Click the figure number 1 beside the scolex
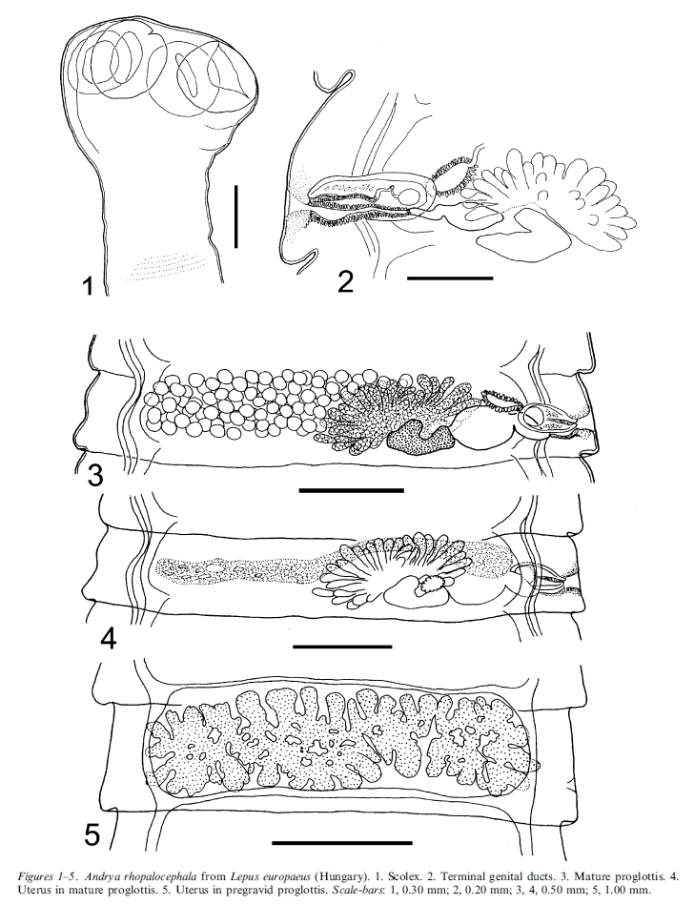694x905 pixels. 88,285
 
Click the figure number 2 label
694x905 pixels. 345,281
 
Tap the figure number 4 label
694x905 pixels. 109,639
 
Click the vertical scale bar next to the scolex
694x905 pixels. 236,216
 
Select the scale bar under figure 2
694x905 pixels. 450,278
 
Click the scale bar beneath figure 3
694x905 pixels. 352,490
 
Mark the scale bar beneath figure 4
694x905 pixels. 342,646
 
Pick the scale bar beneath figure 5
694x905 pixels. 342,843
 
